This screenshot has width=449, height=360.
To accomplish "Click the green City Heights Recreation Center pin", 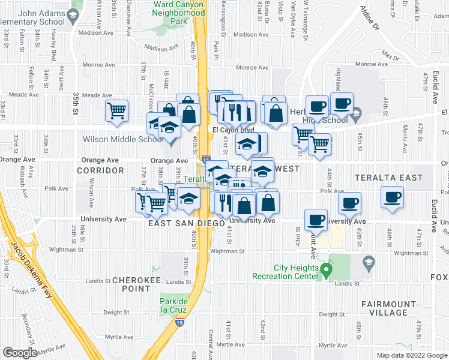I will click(x=326, y=272).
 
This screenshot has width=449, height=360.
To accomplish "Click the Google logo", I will click(x=20, y=352).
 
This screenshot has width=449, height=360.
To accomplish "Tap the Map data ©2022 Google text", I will click(x=412, y=355).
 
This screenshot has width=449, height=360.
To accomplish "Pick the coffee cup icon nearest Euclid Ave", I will click(x=393, y=198).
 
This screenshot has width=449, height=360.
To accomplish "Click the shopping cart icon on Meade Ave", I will click(x=116, y=110).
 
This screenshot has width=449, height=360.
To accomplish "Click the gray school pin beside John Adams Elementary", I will click(x=74, y=17).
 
